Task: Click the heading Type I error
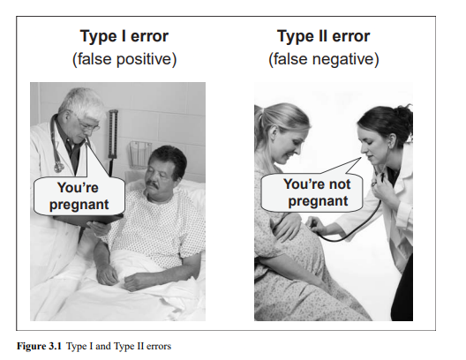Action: (124, 37)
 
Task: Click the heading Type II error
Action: (323, 37)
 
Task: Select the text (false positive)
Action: (124, 59)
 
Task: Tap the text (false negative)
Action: (324, 59)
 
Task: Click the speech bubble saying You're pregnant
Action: (79, 196)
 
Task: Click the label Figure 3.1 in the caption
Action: (39, 347)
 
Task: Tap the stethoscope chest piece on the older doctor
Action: (59, 168)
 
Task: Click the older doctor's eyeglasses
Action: (87, 124)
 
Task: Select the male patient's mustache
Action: (153, 184)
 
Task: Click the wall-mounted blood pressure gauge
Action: (113, 133)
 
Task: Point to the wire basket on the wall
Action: (140, 154)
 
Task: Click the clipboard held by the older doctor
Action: (89, 219)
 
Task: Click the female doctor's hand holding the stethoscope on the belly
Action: (316, 225)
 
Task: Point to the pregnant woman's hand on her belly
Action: (287, 225)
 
